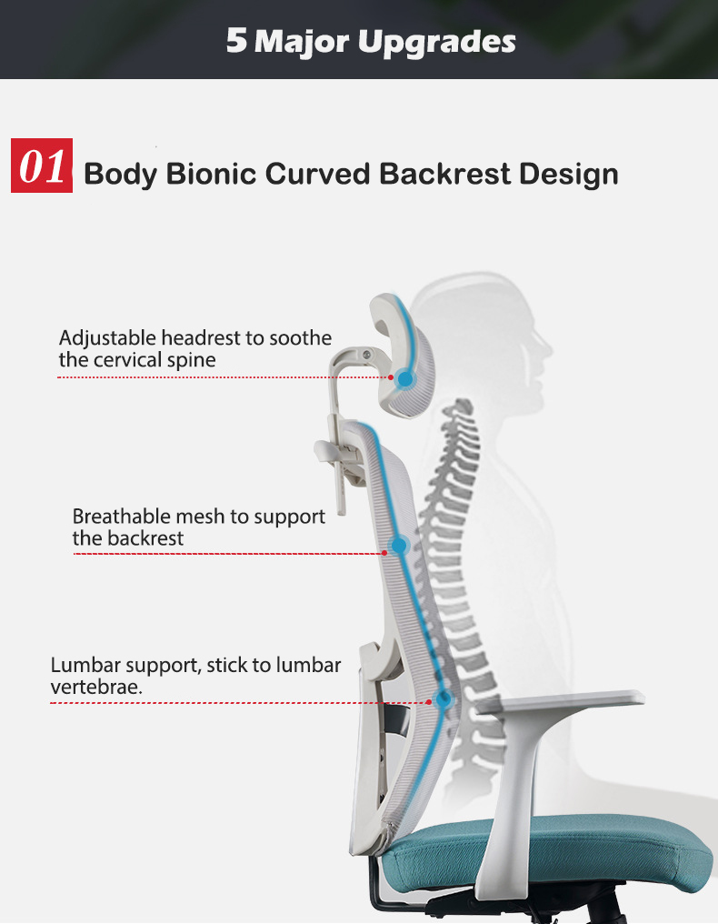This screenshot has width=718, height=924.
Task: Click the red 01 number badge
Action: pos(42,166)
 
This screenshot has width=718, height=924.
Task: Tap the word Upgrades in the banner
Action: pos(449,42)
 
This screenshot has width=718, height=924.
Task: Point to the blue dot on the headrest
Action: pos(404,377)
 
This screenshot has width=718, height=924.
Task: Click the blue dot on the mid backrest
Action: pos(398,546)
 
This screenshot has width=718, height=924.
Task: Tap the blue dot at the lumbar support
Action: pos(444,700)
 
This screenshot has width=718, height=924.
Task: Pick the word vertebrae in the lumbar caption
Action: pos(95,688)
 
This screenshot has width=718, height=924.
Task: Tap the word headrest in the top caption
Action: pos(203,338)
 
